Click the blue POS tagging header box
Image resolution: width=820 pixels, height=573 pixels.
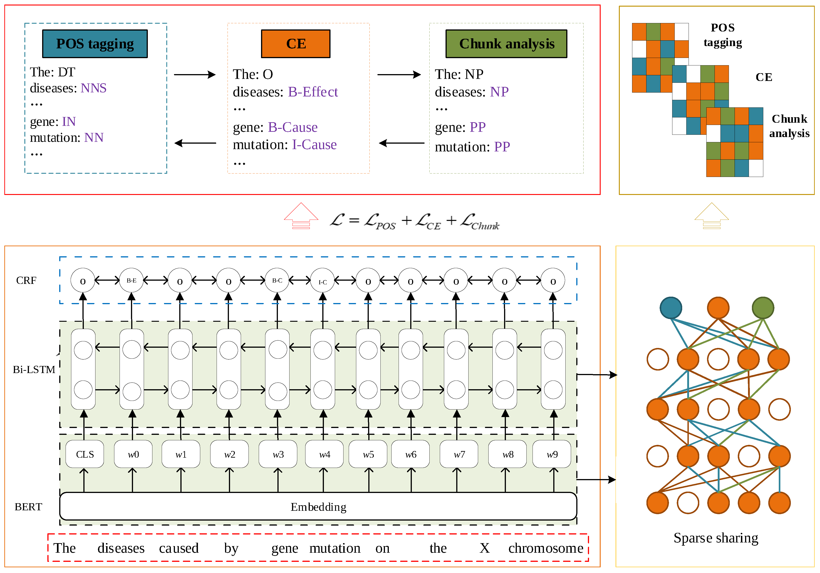click(95, 44)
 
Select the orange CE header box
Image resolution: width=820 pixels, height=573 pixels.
click(295, 44)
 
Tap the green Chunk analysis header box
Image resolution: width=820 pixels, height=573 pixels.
click(506, 44)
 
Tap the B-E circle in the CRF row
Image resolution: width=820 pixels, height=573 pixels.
click(131, 281)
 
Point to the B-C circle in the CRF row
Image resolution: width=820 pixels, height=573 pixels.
click(277, 281)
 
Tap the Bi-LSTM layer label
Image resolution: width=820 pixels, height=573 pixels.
click(34, 369)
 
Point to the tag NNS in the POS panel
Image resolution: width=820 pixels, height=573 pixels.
click(94, 88)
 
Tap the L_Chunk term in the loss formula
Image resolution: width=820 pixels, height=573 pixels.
click(480, 221)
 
